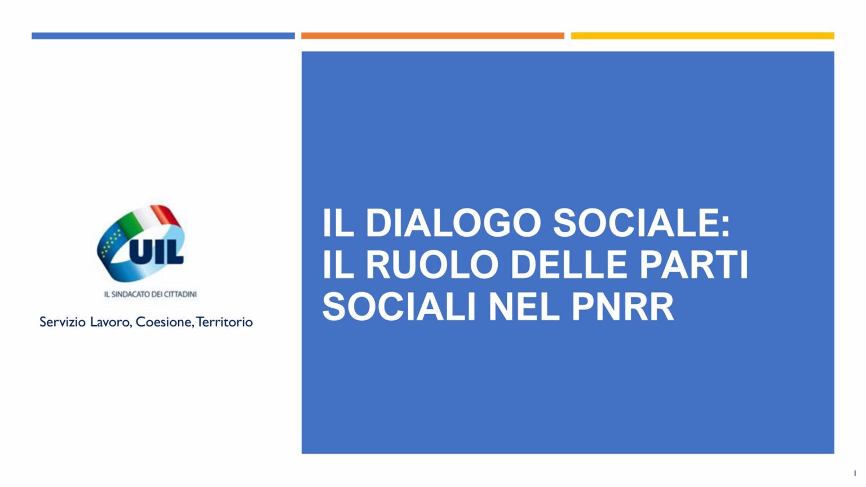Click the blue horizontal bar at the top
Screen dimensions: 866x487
(x=163, y=36)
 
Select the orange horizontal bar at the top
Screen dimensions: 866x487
(x=432, y=36)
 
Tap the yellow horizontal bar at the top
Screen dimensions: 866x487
(x=702, y=36)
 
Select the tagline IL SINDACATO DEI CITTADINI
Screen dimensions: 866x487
(x=151, y=295)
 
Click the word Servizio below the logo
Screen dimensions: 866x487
(x=62, y=322)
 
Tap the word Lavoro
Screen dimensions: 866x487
(x=111, y=322)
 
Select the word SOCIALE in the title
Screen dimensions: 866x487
(x=642, y=223)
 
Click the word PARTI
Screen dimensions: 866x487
(x=694, y=265)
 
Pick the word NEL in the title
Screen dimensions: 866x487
(x=524, y=307)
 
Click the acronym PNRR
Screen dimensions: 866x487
(x=623, y=307)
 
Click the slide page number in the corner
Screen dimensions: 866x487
(x=855, y=473)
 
